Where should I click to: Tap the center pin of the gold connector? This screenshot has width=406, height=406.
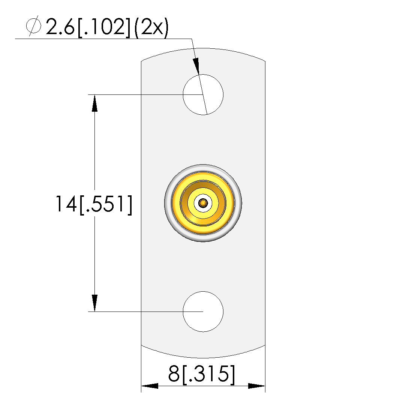pyautogui.click(x=203, y=203)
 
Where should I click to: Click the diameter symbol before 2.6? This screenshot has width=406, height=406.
pyautogui.click(x=33, y=26)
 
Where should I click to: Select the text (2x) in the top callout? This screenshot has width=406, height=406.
pyautogui.click(x=151, y=27)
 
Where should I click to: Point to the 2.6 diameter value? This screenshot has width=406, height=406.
pyautogui.click(x=60, y=27)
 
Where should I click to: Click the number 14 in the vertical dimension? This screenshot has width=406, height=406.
pyautogui.click(x=66, y=204)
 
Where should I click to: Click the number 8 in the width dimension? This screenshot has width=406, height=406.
pyautogui.click(x=174, y=373)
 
